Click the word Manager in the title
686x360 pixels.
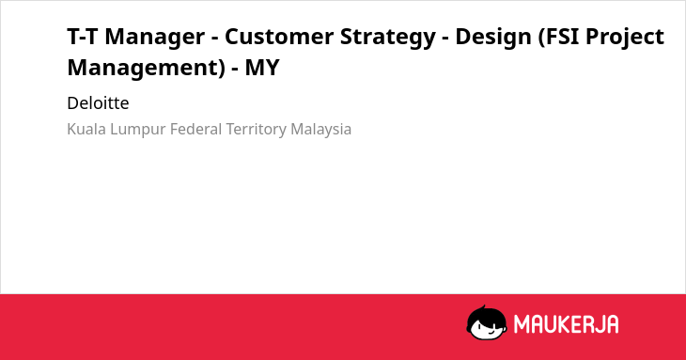point(154,37)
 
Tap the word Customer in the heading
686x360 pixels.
point(279,37)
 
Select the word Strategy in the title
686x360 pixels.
point(387,38)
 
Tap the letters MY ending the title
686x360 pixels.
point(261,68)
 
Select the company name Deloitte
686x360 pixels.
point(98,103)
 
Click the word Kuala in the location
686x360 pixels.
point(86,129)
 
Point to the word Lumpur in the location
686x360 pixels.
point(138,130)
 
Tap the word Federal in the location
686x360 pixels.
point(196,129)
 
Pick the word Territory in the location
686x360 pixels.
point(256,130)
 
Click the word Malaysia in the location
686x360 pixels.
point(320,130)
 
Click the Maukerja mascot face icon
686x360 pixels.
point(487,322)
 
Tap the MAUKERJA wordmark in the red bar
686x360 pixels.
point(566,324)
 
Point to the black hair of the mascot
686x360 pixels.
point(486,314)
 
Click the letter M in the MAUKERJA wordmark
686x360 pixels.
point(522,324)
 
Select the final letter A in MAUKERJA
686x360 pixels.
point(612,324)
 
